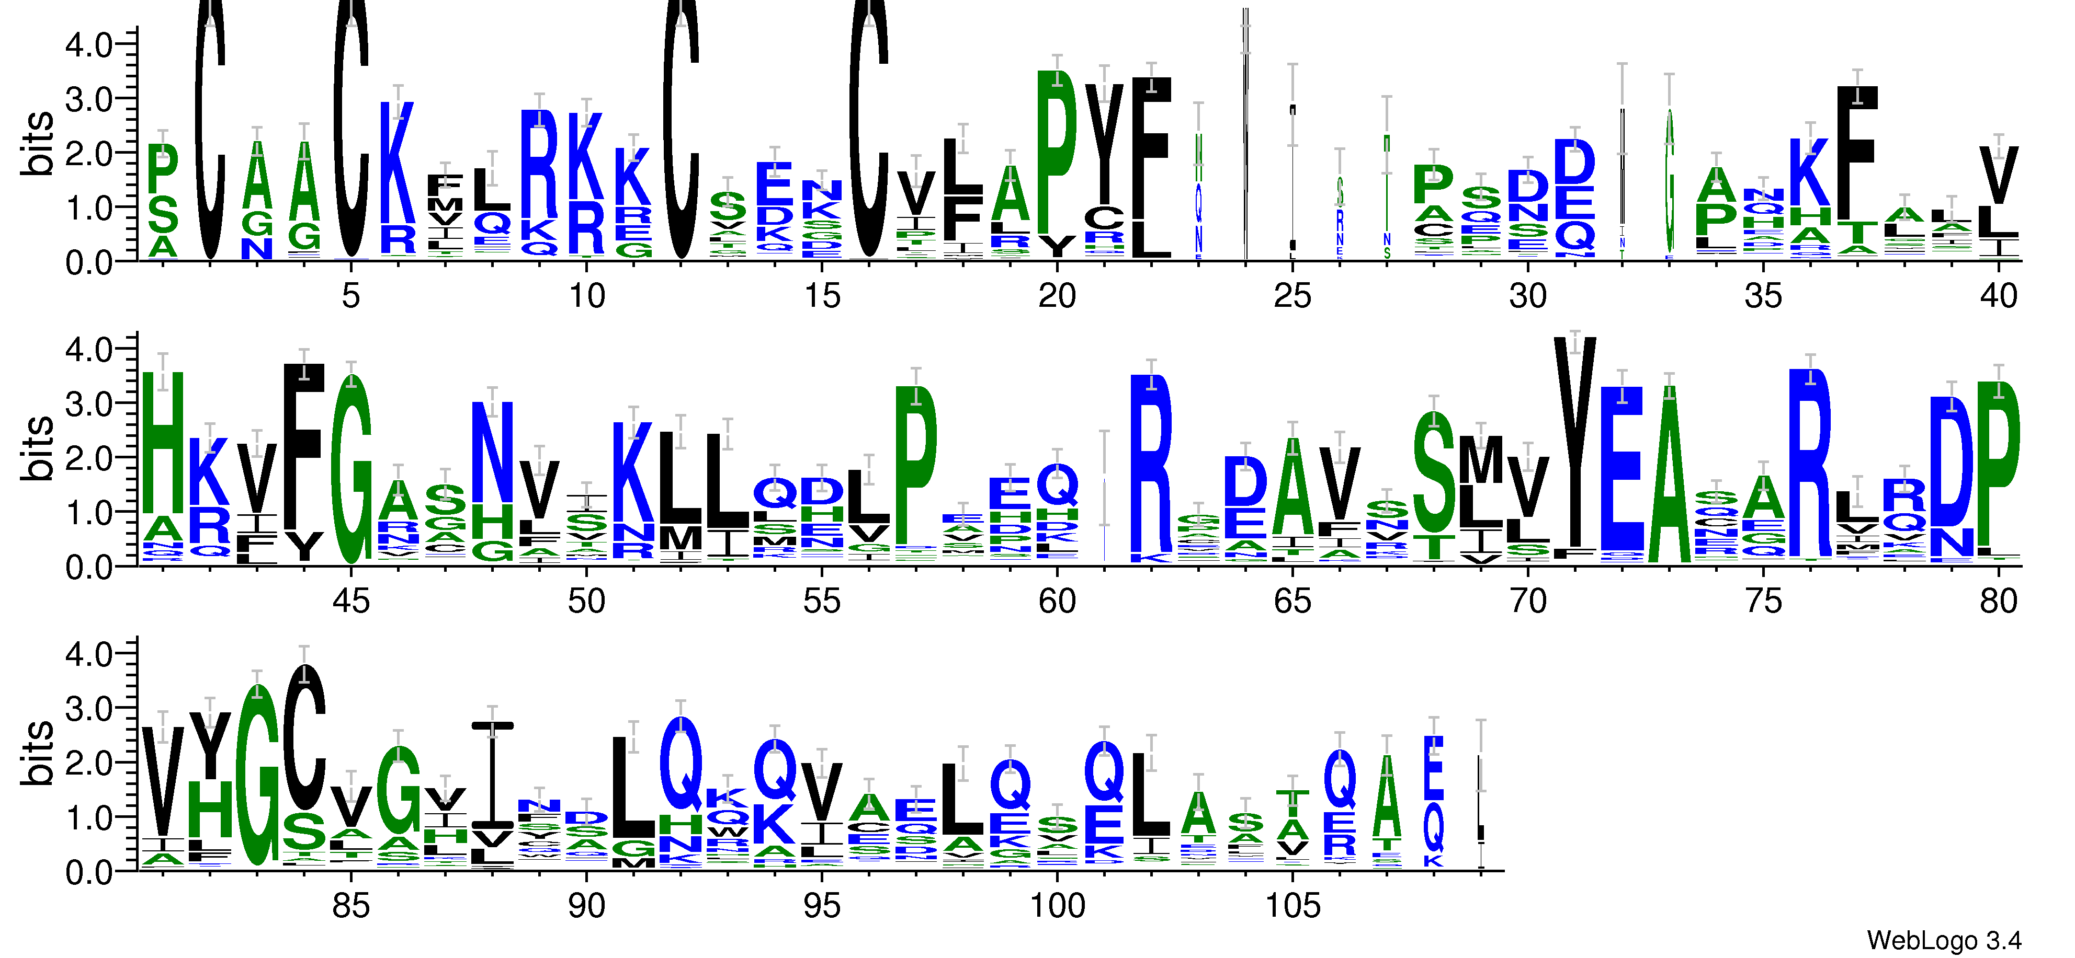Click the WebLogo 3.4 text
[1943, 940]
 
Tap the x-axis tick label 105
[1292, 906]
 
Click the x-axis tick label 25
[1292, 296]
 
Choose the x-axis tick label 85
[351, 906]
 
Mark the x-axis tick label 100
[1057, 906]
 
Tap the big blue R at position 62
[1151, 463]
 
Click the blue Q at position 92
[681, 764]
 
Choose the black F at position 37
[1857, 153]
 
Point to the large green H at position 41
[163, 443]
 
